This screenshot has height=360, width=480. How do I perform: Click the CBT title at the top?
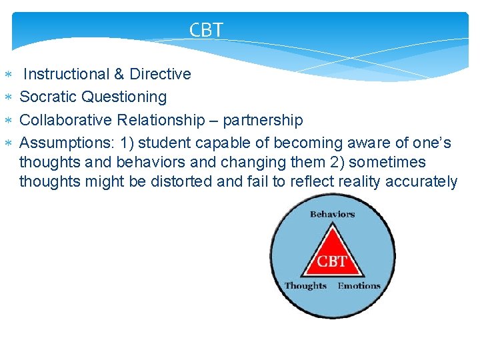pos(206,30)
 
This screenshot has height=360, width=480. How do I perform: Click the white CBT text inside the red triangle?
pos(331,261)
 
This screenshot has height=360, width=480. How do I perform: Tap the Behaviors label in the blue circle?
pos(332,214)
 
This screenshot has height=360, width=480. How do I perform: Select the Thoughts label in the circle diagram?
pos(305,285)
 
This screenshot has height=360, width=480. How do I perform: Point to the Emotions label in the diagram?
pos(359,285)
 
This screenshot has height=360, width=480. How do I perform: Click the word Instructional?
pos(65,74)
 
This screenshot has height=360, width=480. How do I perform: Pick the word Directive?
pos(160,74)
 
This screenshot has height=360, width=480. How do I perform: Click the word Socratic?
pos(49,97)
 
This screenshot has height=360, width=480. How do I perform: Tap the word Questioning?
pos(124,97)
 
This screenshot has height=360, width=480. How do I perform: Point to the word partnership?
pos(263,120)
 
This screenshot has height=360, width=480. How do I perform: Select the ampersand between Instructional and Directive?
pos(119,74)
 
